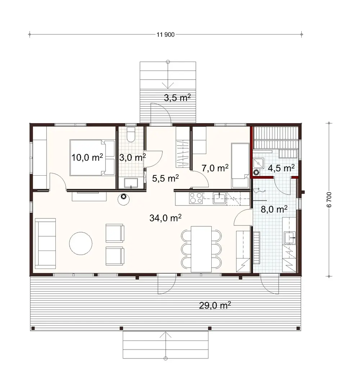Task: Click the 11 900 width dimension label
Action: pos(165,35)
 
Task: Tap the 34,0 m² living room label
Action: pos(165,217)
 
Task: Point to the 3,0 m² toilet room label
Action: pos(132,157)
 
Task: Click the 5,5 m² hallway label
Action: pos(165,178)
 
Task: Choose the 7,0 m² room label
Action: pos(215,168)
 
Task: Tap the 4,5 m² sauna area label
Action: pos(282,168)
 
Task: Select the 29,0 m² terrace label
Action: pos(215,305)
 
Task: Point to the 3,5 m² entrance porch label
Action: pos(177,98)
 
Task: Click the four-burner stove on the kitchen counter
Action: pos(195,198)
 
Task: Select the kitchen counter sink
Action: pos(219,198)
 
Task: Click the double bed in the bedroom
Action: pos(92,158)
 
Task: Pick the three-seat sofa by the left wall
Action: pos(45,243)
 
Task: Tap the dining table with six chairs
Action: pos(201,249)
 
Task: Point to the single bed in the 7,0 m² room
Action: pos(240,165)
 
